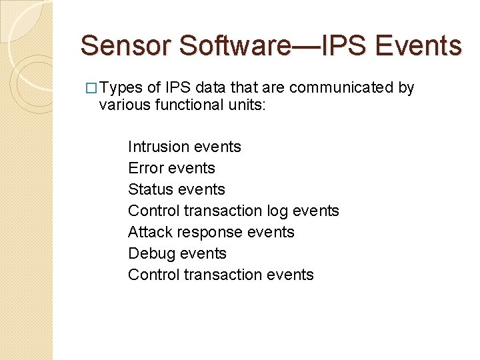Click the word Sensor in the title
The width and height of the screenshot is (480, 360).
[x=126, y=46]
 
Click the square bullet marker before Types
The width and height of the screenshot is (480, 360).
[x=93, y=88]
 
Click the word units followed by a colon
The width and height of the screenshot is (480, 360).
[x=244, y=105]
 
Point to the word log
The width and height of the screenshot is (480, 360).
[x=278, y=211]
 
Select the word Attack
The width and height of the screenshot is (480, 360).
[x=147, y=232]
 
